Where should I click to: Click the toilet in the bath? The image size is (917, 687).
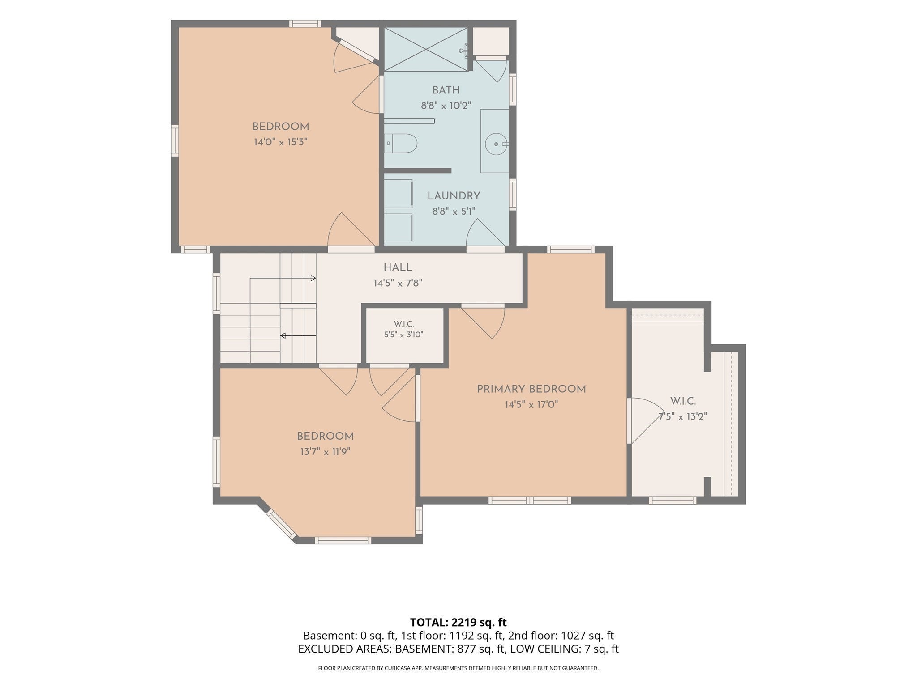pos(401,143)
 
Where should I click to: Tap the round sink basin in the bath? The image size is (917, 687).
pos(497,144)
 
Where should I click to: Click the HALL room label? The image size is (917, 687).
pos(398,267)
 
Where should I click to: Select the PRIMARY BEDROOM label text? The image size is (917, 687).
pos(531,389)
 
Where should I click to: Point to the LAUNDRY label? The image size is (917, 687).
pos(454,196)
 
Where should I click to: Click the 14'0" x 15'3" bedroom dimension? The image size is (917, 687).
pos(281,142)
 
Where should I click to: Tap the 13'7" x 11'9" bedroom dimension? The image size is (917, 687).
pos(325,452)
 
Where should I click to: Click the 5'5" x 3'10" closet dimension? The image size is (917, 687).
pos(403,334)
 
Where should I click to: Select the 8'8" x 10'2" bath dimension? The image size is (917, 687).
pos(446,106)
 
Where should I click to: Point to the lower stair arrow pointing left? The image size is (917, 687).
pos(298,335)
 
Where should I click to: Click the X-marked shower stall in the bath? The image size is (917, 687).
pos(426,49)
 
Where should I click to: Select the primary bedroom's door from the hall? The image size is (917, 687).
pos(483,322)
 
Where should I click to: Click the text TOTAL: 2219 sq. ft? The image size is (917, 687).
pos(458,622)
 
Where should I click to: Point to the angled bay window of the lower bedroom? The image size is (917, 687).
pos(282,524)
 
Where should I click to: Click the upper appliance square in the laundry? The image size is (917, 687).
pos(398,194)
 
